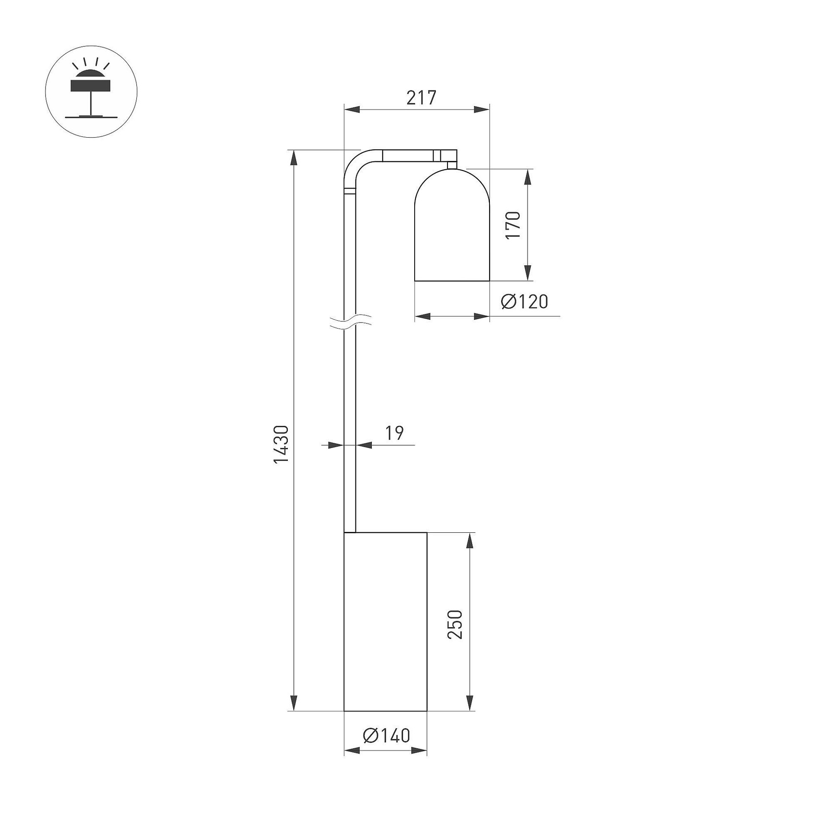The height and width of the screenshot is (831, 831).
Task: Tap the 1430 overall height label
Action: (x=281, y=444)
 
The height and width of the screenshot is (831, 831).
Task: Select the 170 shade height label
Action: (x=513, y=225)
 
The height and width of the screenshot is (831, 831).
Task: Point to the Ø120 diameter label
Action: (x=525, y=302)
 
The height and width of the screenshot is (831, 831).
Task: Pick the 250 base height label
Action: (x=455, y=625)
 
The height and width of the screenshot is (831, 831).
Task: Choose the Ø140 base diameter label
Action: (x=387, y=735)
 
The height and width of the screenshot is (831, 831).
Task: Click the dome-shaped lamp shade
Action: (x=452, y=225)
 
